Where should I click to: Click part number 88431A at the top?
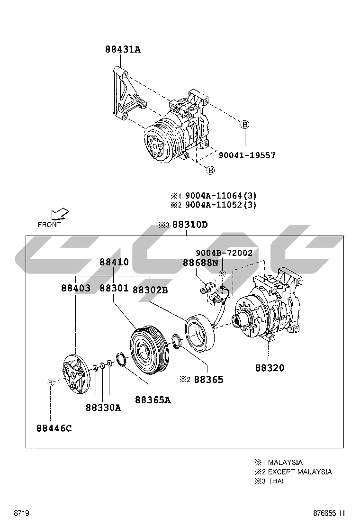click(x=123, y=49)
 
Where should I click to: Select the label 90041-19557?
click(x=246, y=155)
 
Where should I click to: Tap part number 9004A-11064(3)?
click(x=220, y=195)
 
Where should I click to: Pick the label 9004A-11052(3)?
click(x=220, y=205)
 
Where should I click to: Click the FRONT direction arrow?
click(x=60, y=215)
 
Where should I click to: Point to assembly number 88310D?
click(x=189, y=225)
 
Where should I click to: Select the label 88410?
click(x=114, y=262)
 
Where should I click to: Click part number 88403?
click(x=76, y=288)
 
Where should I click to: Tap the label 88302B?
click(x=150, y=290)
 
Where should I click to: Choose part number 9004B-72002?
click(x=224, y=253)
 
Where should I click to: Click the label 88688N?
click(x=200, y=262)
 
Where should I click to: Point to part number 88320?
click(x=270, y=368)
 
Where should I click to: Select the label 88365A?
click(x=153, y=400)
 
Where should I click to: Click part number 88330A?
click(x=103, y=407)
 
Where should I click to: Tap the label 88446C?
click(x=54, y=428)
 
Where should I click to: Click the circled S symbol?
click(x=222, y=274)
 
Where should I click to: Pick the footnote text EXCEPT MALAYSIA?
click(x=299, y=472)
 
